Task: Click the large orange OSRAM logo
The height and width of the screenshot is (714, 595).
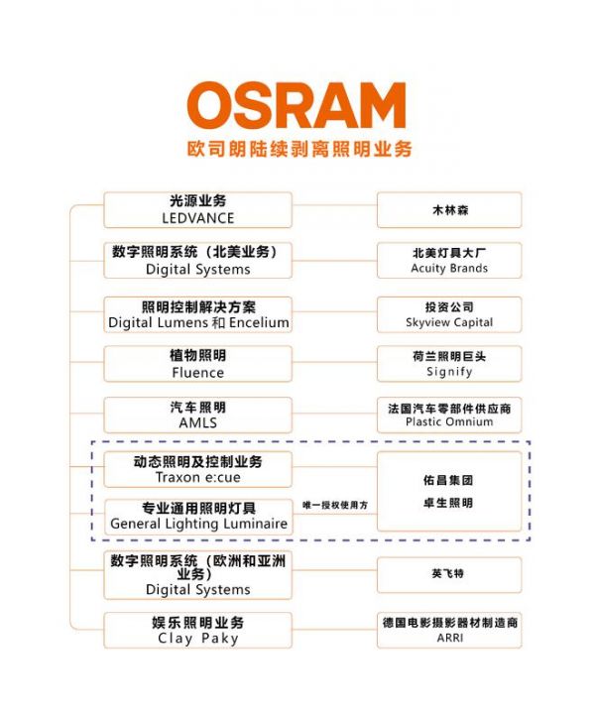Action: (x=297, y=105)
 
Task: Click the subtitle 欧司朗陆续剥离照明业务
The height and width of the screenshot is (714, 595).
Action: (x=298, y=149)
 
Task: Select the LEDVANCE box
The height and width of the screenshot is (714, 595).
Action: (x=197, y=209)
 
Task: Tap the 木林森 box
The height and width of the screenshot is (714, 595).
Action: (x=449, y=210)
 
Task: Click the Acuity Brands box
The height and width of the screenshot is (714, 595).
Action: (x=449, y=261)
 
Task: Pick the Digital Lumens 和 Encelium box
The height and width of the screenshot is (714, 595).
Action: (x=197, y=313)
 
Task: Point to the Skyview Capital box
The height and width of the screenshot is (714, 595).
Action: (x=449, y=314)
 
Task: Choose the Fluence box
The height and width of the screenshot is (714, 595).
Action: (x=197, y=364)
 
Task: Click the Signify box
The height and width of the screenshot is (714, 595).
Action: (x=449, y=364)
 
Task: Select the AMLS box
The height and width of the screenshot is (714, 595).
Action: (x=197, y=415)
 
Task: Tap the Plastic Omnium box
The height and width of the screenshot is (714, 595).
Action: (x=449, y=415)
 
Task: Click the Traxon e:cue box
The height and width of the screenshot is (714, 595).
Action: (x=197, y=469)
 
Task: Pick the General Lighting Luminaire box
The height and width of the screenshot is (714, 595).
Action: (x=197, y=516)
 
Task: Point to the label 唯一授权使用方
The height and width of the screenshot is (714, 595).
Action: (x=335, y=505)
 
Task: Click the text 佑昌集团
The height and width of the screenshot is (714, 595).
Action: (x=449, y=480)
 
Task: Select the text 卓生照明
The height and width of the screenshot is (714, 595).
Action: (x=449, y=503)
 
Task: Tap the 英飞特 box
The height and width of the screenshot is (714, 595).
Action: (x=449, y=574)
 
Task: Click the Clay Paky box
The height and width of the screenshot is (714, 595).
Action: (x=197, y=631)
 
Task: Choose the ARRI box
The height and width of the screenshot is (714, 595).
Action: (x=449, y=631)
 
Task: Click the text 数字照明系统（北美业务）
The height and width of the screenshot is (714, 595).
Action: (x=197, y=252)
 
